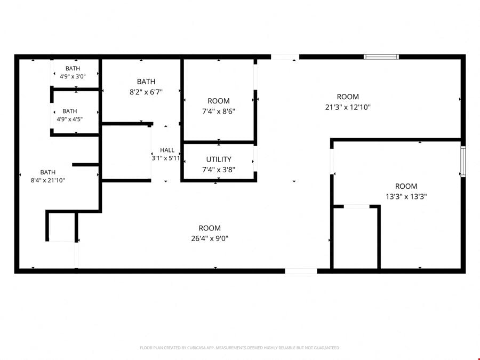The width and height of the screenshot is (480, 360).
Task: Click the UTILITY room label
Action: click(x=219, y=159)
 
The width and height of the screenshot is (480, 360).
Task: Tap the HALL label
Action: click(x=167, y=150)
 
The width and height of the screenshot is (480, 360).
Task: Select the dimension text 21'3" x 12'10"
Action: click(x=348, y=107)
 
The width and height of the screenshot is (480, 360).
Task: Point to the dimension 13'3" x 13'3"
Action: click(x=406, y=196)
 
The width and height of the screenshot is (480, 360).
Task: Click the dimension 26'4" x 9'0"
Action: click(x=210, y=238)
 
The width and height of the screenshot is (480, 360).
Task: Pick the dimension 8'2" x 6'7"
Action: click(x=146, y=92)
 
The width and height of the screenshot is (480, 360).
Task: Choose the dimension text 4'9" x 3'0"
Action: click(x=73, y=76)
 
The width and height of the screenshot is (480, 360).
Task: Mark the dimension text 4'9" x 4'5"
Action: click(x=69, y=119)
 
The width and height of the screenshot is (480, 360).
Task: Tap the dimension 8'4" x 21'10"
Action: click(x=48, y=180)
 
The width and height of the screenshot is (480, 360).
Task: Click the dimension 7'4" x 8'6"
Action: click(x=219, y=111)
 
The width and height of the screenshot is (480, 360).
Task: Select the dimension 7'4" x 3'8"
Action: click(x=219, y=170)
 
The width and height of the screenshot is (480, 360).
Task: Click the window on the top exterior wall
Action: click(x=381, y=57)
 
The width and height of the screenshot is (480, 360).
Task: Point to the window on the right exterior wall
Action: click(x=463, y=161)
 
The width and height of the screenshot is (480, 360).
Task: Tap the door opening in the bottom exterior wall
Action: click(x=301, y=271)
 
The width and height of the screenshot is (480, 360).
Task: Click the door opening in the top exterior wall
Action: click(x=285, y=57)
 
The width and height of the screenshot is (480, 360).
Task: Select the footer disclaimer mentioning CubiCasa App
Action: click(x=239, y=348)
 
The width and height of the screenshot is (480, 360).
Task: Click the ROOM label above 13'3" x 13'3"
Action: click(x=406, y=186)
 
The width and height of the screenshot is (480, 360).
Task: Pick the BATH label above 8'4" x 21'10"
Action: click(x=48, y=172)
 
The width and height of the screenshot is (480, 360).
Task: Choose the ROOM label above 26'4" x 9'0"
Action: click(x=210, y=228)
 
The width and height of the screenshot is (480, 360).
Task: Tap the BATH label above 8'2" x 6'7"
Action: click(x=146, y=82)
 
